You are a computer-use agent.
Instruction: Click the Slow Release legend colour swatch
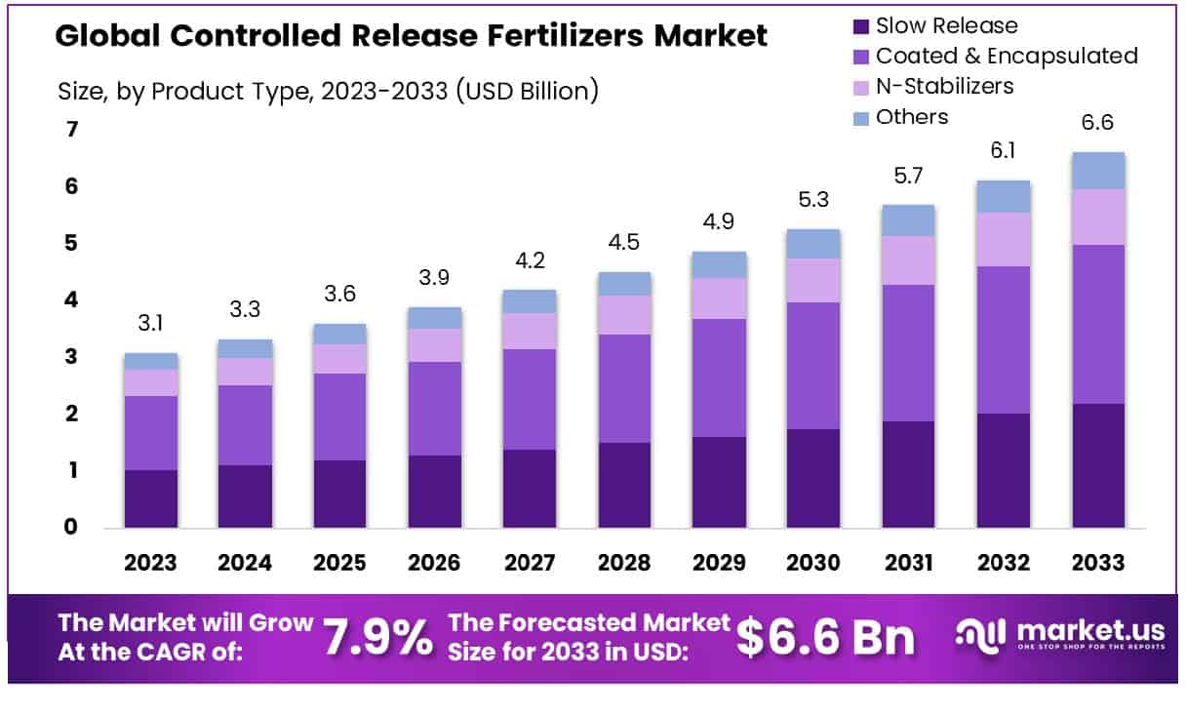coord(859,26)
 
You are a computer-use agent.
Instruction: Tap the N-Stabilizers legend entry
coord(944,86)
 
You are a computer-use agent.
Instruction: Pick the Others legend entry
coord(911,117)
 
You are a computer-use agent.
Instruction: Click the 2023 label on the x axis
coord(150,563)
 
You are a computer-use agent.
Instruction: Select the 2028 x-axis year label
coord(623,563)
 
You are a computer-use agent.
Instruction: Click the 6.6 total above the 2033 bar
coord(1096,123)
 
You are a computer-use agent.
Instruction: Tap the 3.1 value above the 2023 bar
coord(150,324)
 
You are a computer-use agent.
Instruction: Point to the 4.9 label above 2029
coord(719,221)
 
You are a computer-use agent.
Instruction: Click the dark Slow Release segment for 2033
coord(1097,465)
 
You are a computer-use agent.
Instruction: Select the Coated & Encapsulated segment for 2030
coord(813,366)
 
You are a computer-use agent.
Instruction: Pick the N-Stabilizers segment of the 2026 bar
coord(435,345)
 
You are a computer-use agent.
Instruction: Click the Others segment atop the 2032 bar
coord(1003,197)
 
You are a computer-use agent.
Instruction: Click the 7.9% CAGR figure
coord(377,637)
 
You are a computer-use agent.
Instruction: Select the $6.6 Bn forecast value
coord(825,637)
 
